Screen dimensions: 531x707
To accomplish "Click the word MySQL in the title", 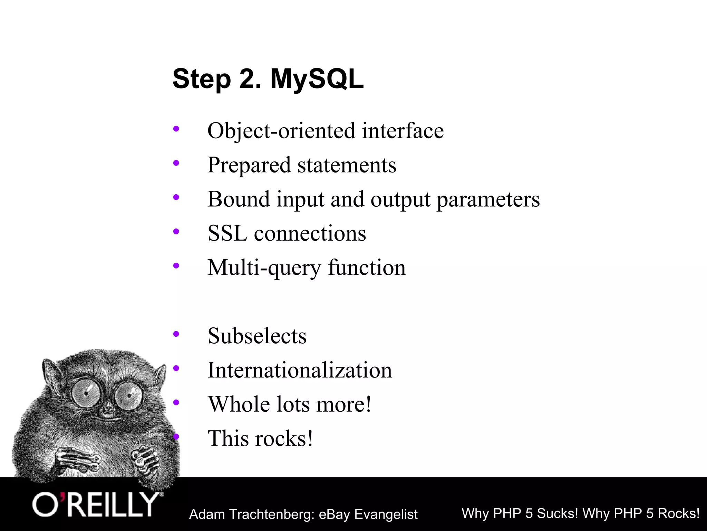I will [317, 80].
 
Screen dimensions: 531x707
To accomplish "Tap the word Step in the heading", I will [202, 80].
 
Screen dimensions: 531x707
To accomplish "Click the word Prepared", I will [249, 165].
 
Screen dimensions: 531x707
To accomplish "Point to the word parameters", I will [488, 199].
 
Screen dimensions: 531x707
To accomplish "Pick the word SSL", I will [227, 233].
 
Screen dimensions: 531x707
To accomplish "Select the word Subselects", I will [257, 336].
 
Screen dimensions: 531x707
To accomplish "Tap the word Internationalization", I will [300, 370].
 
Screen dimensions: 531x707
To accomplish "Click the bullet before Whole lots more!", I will [176, 402].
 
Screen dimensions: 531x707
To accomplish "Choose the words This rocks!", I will [260, 438].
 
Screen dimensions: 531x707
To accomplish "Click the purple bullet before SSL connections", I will [176, 231].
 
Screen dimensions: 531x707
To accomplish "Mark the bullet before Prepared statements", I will [176, 163].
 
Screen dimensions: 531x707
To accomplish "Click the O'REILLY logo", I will [97, 505].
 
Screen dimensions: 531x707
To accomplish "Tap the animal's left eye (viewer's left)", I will [86, 393].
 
